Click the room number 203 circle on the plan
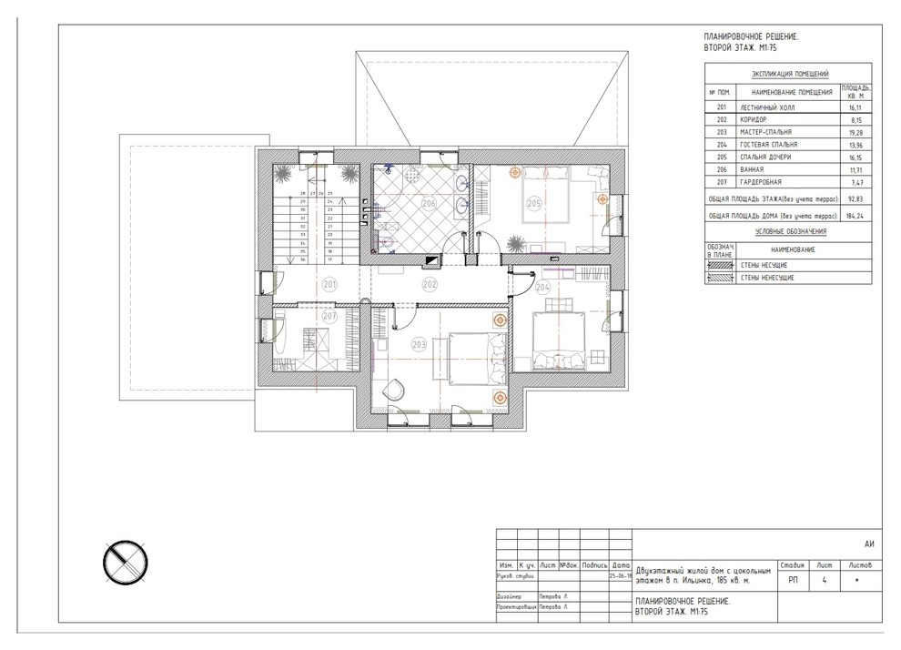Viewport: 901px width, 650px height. (420, 344)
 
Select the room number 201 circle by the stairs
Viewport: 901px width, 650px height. (329, 285)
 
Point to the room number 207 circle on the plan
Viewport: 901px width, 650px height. (329, 317)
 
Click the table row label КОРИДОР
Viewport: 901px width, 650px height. (754, 119)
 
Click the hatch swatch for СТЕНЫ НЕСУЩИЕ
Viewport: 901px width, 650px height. (718, 264)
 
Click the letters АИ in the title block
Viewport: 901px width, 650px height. (869, 543)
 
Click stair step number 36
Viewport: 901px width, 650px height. (301, 259)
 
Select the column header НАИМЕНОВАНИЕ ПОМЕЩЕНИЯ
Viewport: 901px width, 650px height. (792, 93)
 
